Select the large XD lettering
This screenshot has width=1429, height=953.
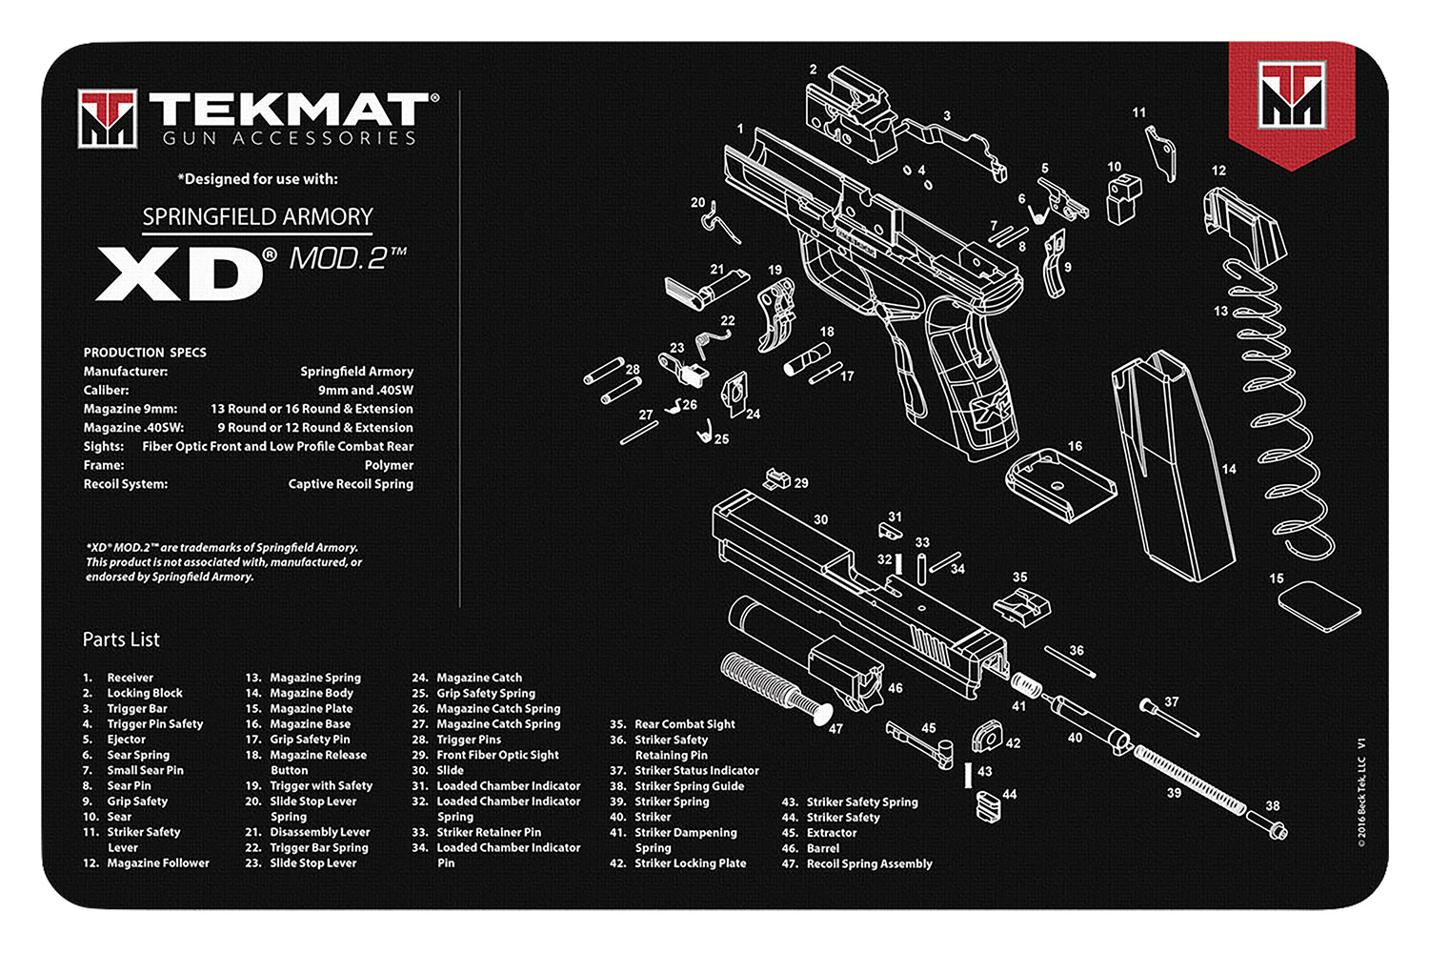pyautogui.click(x=179, y=274)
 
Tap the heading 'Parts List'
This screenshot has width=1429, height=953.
pyautogui.click(x=121, y=639)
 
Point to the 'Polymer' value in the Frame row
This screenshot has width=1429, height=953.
pyautogui.click(x=389, y=465)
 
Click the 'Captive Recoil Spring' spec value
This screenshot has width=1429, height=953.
pyautogui.click(x=351, y=484)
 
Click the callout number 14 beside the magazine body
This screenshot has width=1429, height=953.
pyautogui.click(x=1229, y=469)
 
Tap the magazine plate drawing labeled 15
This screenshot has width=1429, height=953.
pyautogui.click(x=1318, y=606)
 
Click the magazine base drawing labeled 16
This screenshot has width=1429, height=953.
pyautogui.click(x=1059, y=480)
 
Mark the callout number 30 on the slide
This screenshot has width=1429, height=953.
pyautogui.click(x=820, y=519)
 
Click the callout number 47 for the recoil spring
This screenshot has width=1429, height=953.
pyautogui.click(x=835, y=729)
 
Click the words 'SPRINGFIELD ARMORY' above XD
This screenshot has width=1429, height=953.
pyautogui.click(x=257, y=217)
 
